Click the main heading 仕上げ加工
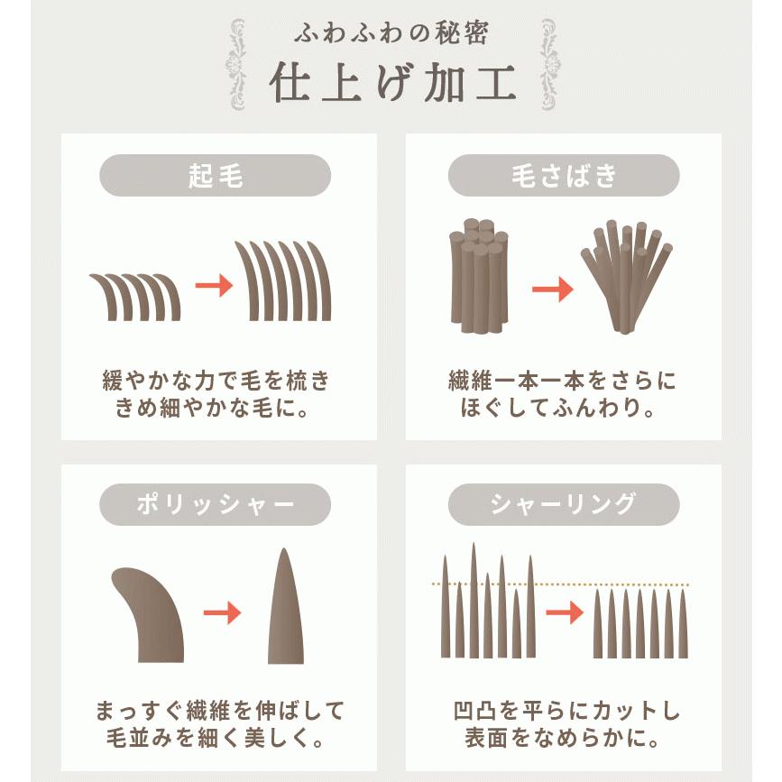(391, 83)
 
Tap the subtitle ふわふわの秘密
(391, 34)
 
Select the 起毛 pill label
(215, 176)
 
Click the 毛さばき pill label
(564, 176)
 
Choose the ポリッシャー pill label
(215, 505)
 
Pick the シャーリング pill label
(564, 505)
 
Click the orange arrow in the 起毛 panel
(214, 286)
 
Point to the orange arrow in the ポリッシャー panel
(222, 613)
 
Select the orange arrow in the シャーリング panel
(565, 613)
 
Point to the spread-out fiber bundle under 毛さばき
(626, 275)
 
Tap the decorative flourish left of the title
(237, 63)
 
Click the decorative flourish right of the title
(547, 63)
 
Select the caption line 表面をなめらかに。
(564, 738)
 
